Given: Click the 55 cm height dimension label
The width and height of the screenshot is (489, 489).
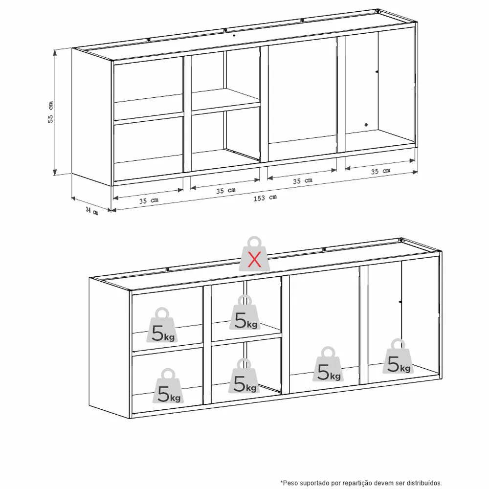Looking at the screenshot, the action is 50,111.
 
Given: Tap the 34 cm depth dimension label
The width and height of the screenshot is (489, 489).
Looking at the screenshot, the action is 92,211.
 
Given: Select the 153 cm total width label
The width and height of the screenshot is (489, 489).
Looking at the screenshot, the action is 265,198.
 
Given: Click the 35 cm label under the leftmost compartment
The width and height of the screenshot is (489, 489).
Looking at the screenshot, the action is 149,200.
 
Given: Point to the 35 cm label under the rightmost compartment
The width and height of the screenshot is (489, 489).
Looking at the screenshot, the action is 380,171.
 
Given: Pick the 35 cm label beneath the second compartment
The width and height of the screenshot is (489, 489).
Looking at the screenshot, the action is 226,191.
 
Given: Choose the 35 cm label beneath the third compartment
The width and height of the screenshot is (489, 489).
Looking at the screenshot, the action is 303,181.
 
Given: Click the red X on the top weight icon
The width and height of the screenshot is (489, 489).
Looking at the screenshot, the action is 254,260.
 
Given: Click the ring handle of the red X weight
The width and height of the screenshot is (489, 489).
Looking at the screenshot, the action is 254,242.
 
